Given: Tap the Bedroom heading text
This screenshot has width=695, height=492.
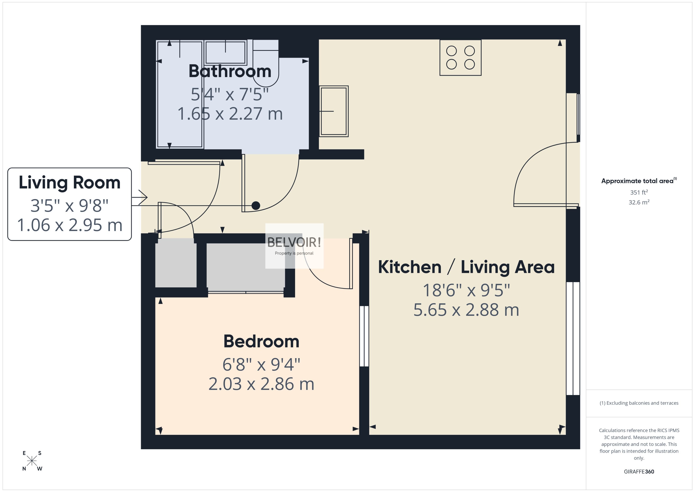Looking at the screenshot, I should (x=261, y=342).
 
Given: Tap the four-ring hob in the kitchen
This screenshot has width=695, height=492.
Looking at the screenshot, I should (x=460, y=58).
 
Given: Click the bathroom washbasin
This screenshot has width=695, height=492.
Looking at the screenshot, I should (x=225, y=52).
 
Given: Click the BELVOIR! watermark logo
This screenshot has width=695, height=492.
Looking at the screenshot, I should (x=294, y=245).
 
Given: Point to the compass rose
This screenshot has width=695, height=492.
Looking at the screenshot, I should (x=32, y=461).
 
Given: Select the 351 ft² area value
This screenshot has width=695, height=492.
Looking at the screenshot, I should (x=639, y=193).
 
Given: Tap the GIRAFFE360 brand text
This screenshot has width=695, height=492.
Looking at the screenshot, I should (x=639, y=472).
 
